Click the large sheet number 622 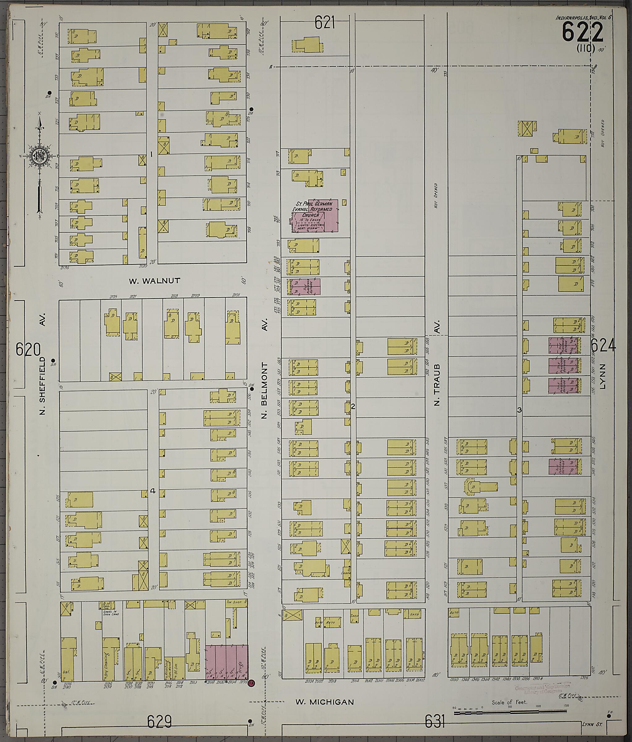point(583,32)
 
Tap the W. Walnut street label point(154,281)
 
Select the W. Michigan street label point(324,702)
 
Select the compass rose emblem point(38,156)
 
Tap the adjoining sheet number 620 point(28,349)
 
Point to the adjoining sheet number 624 point(603,346)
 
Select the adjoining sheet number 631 point(435,721)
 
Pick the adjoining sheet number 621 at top point(325,23)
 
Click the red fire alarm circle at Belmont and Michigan point(252,683)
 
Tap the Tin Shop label point(236,602)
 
